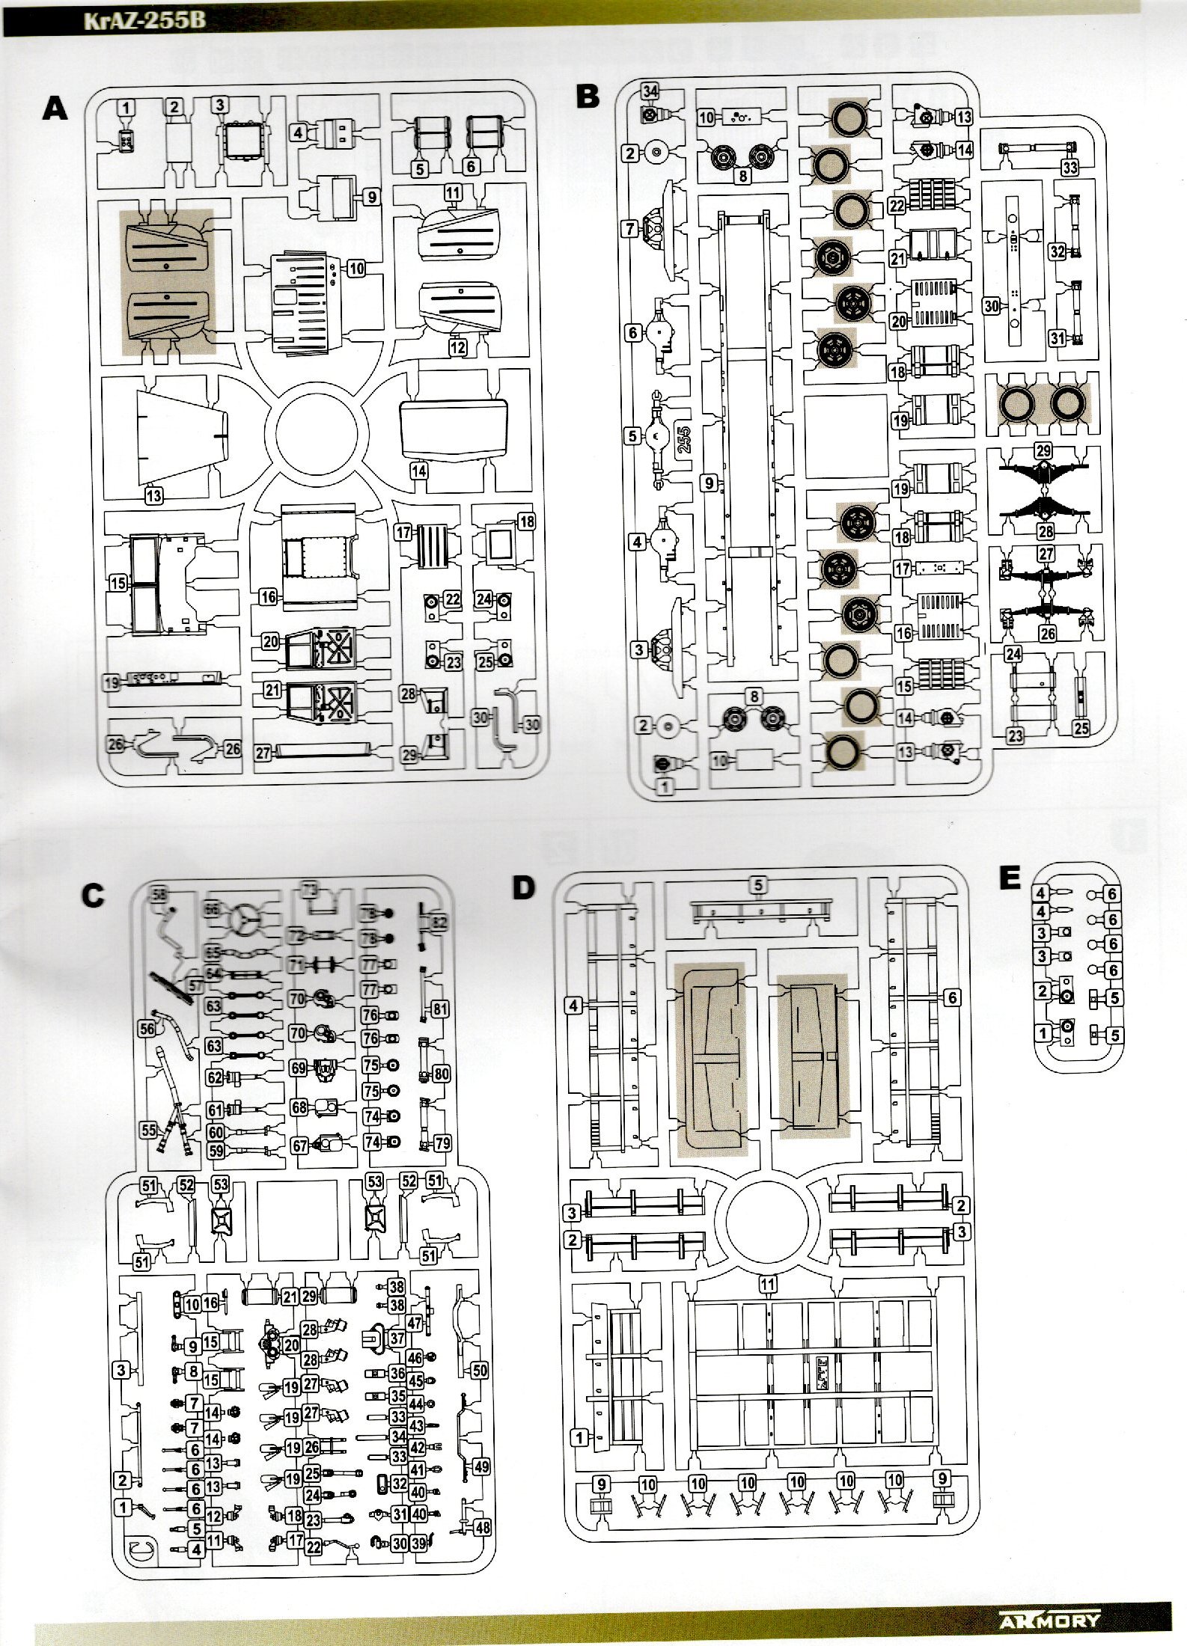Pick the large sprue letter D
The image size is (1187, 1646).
[x=523, y=888]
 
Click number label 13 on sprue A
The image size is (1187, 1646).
[x=154, y=495]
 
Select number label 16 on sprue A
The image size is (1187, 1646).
[x=269, y=596]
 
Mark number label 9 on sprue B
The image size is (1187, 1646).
[x=710, y=483]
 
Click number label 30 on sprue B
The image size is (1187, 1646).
[x=992, y=306]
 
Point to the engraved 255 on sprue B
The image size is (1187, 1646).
[x=683, y=435]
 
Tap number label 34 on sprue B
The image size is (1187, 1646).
[x=650, y=91]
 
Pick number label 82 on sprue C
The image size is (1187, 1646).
[x=439, y=923]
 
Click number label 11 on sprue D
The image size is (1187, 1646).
[x=766, y=1283]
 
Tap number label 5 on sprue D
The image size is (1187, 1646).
[x=759, y=885]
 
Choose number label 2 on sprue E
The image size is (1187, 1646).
[x=1042, y=991]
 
